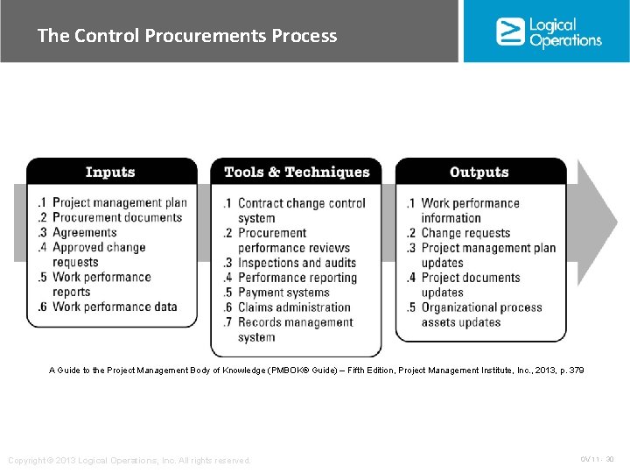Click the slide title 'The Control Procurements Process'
tap(186, 36)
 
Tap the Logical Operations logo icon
tap(509, 32)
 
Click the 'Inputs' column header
tap(110, 172)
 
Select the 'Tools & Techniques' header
tap(297, 172)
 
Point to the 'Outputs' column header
tap(479, 172)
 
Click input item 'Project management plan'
tap(119, 202)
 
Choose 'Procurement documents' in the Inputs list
tap(117, 217)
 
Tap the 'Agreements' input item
tap(84, 232)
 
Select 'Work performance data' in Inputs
tap(115, 307)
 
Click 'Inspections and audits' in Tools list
tap(297, 263)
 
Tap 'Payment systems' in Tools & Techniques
tap(283, 293)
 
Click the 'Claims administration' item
tap(294, 307)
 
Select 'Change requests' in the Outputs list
tap(465, 233)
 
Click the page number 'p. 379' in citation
tap(568, 371)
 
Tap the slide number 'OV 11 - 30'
tap(597, 459)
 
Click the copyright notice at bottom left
tap(129, 460)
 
